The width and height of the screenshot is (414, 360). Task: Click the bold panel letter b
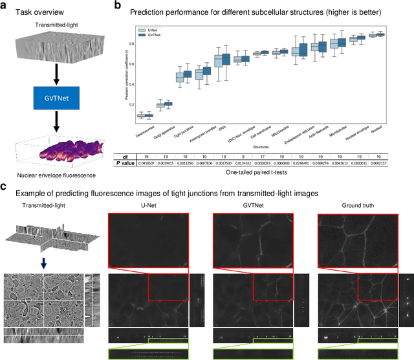click(x=118, y=6)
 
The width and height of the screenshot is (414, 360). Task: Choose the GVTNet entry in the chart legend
click(x=153, y=35)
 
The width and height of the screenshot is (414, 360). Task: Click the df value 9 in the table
click(x=241, y=156)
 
